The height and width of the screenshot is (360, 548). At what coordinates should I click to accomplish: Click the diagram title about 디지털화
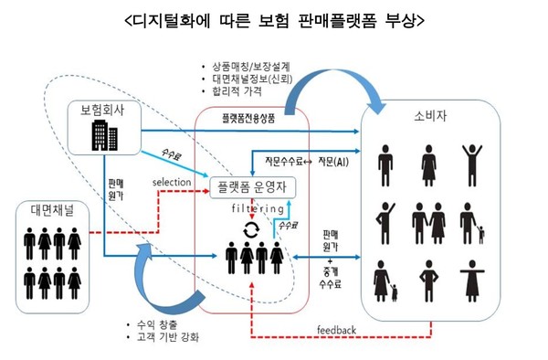click(x=273, y=19)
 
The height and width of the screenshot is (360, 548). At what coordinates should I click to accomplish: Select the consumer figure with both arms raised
click(x=472, y=155)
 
